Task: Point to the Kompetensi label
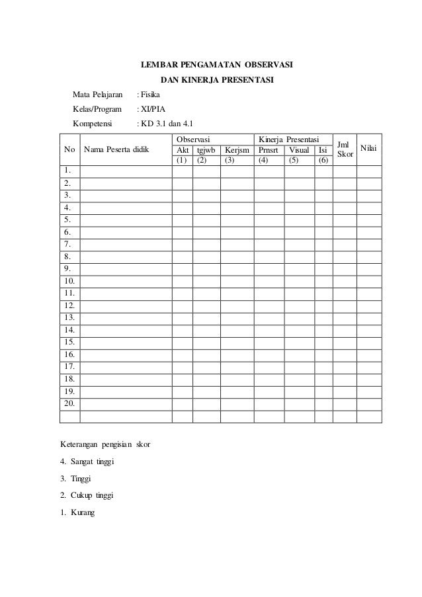pos(93,123)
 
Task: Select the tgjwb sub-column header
pos(206,150)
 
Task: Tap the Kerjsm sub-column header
pos(236,150)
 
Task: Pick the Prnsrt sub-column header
pos(269,150)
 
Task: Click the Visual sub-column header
pos(299,150)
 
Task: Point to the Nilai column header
pos(369,149)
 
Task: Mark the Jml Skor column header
pos(345,149)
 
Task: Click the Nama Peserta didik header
pos(116,150)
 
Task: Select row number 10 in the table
pos(68,281)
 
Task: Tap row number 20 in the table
pos(68,403)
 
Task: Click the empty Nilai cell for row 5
pos(369,220)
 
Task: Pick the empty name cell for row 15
pos(126,342)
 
